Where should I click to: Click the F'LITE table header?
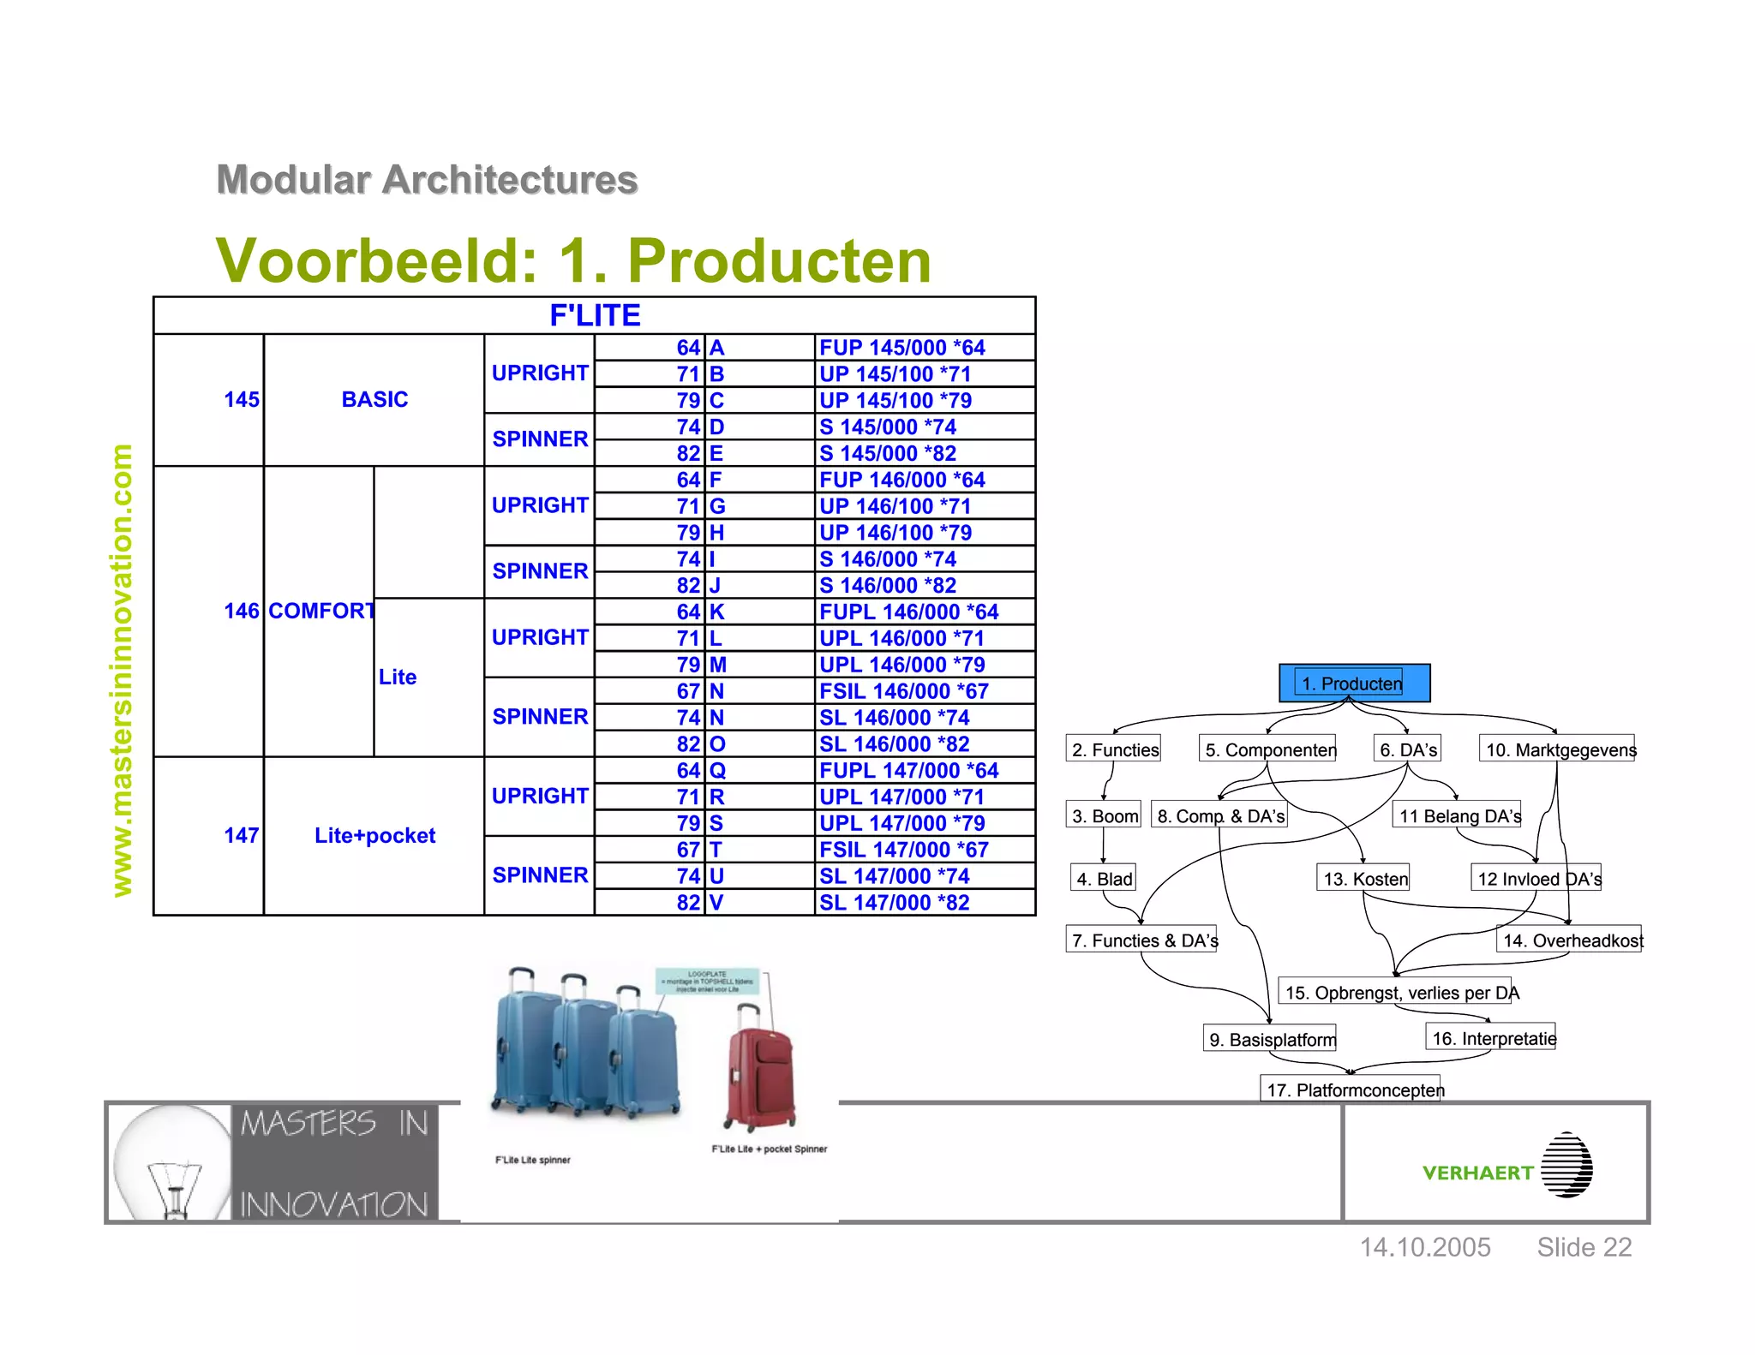pyautogui.click(x=595, y=315)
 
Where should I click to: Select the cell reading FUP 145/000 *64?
pyautogui.click(x=901, y=348)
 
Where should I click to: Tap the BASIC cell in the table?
pyautogui.click(x=374, y=399)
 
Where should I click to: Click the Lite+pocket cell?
pyautogui.click(x=374, y=835)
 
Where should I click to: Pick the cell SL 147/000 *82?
pyautogui.click(x=894, y=903)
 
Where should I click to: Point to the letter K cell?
pyautogui.click(x=717, y=612)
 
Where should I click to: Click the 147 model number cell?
pyautogui.click(x=241, y=835)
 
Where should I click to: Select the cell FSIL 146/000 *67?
pyautogui.click(x=903, y=691)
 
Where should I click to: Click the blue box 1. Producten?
pyautogui.click(x=1353, y=683)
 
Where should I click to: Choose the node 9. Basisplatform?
pyautogui.click(x=1272, y=1040)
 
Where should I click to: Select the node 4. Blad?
pyautogui.click(x=1104, y=879)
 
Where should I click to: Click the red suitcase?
pyautogui.click(x=759, y=1071)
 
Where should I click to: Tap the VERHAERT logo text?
pyautogui.click(x=1477, y=1173)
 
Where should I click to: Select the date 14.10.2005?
pyautogui.click(x=1425, y=1247)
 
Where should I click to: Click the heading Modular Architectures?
pyautogui.click(x=427, y=180)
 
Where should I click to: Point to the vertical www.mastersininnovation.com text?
pyautogui.click(x=123, y=670)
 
